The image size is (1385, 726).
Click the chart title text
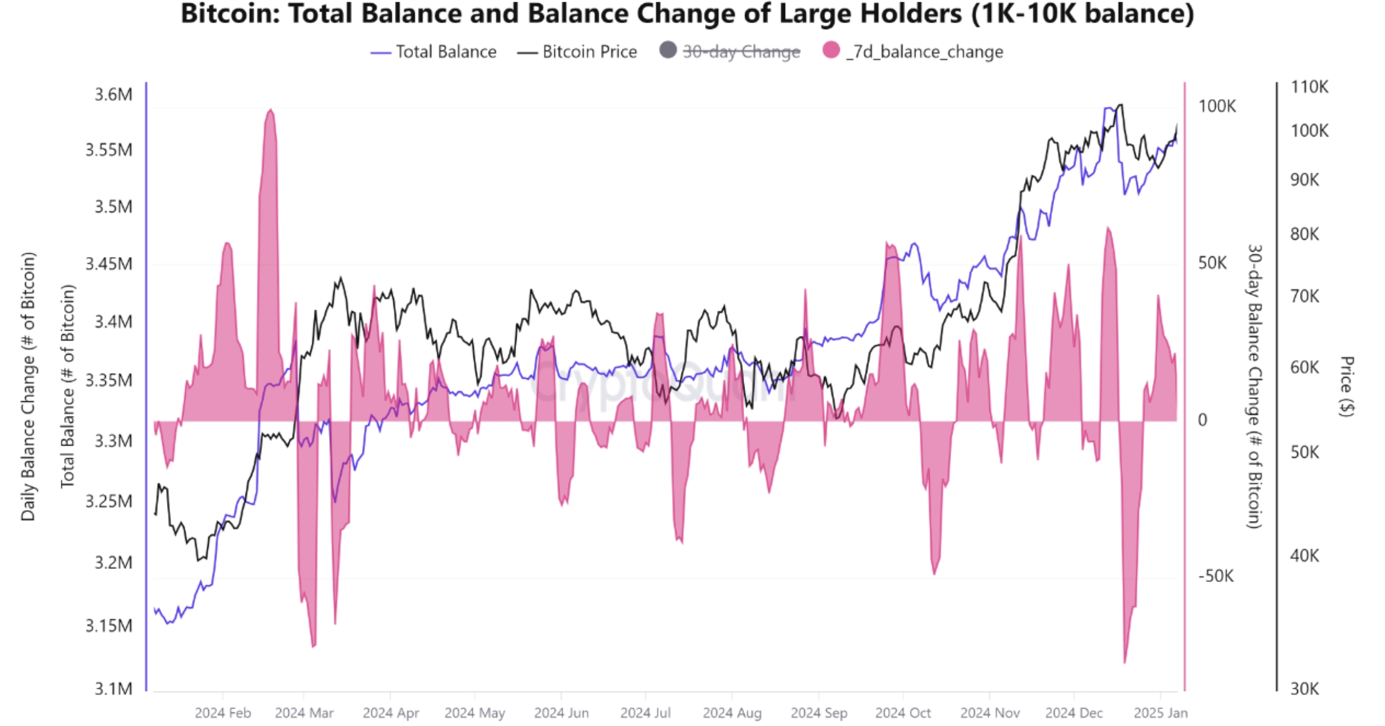pyautogui.click(x=687, y=14)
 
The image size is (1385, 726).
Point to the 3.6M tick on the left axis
pyautogui.click(x=113, y=95)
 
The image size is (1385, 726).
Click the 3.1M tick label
pyautogui.click(x=113, y=688)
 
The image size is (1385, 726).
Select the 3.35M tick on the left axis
pyautogui.click(x=109, y=380)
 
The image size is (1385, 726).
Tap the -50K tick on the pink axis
pyautogui.click(x=1216, y=576)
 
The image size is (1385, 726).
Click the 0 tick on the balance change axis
pyautogui.click(x=1202, y=420)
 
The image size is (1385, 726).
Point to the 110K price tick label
pyautogui.click(x=1309, y=87)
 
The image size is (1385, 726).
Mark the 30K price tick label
pyautogui.click(x=1304, y=688)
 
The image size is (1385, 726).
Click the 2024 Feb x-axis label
pyautogui.click(x=223, y=713)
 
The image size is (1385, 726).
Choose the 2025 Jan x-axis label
pyautogui.click(x=1160, y=713)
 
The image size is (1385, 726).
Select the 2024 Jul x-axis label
pyautogui.click(x=646, y=713)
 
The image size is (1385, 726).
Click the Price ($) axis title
pyautogui.click(x=1347, y=386)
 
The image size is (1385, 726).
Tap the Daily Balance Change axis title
pyautogui.click(x=28, y=386)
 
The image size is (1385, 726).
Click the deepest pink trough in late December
pyautogui.click(x=1124, y=662)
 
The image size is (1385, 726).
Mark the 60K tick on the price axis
pyautogui.click(x=1305, y=368)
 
